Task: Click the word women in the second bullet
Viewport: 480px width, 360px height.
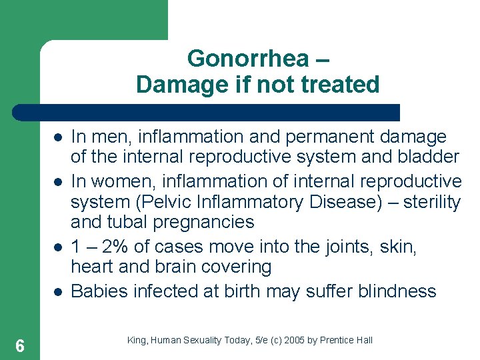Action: tap(116, 181)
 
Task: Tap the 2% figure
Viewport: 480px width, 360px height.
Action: tap(113, 247)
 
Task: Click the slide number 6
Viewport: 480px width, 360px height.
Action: tap(20, 346)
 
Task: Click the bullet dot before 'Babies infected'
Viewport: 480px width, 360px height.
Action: tap(58, 292)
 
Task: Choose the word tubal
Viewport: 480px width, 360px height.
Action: tap(116, 222)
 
